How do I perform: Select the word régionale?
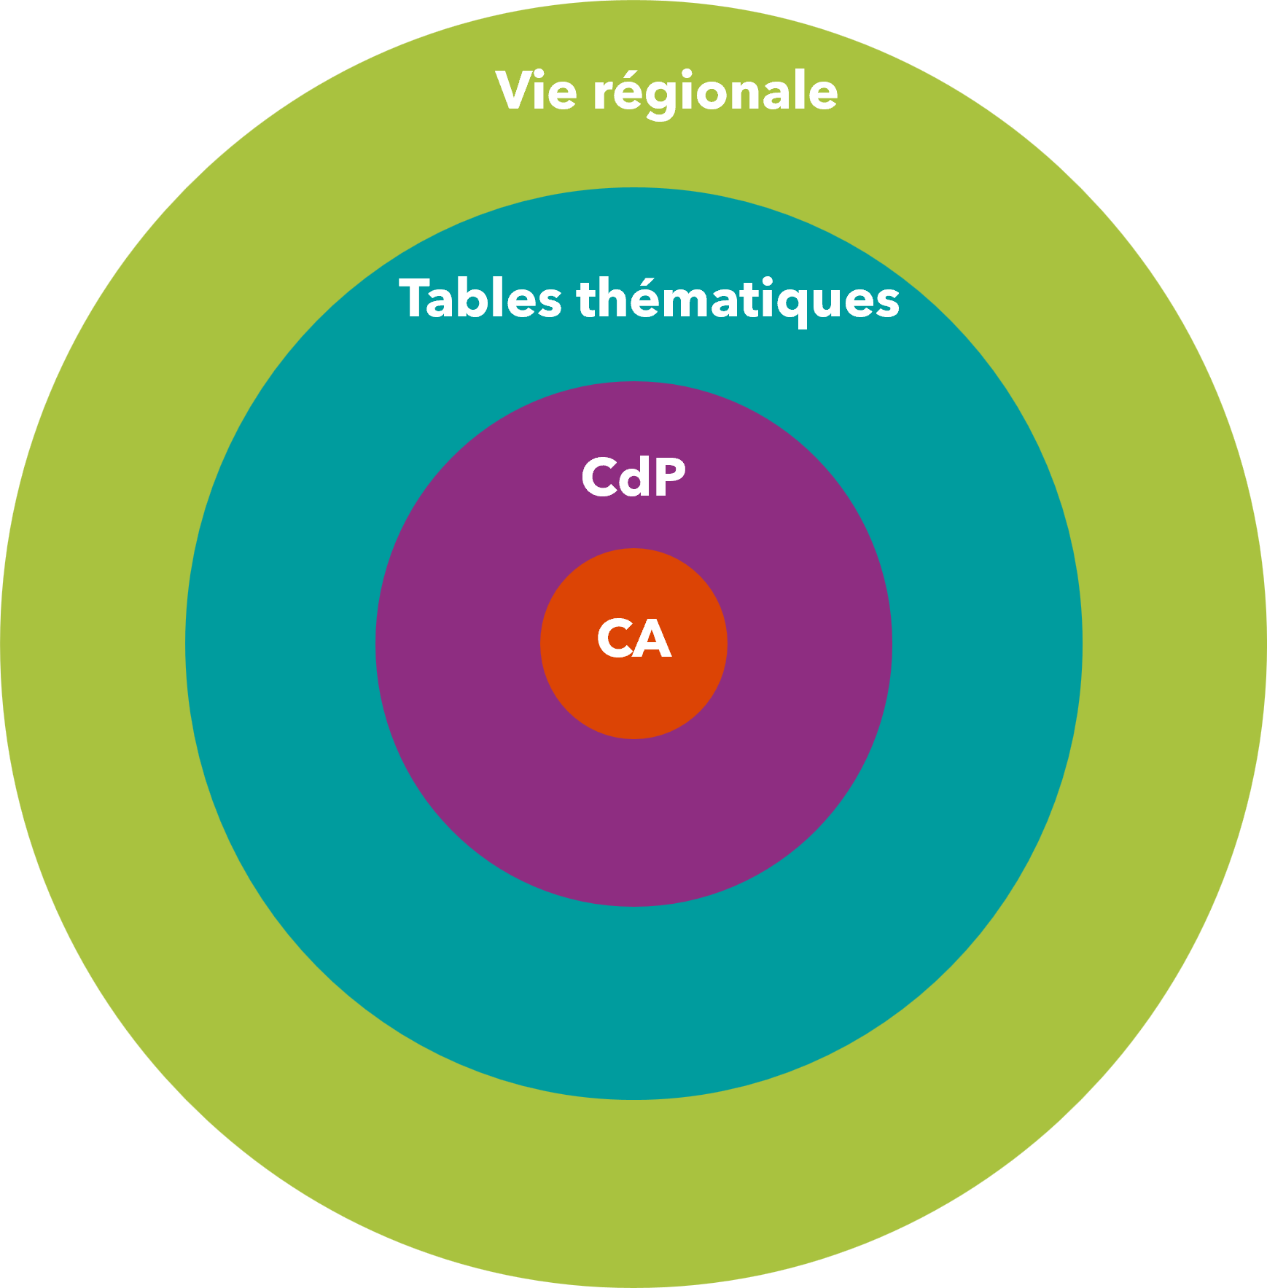(x=715, y=93)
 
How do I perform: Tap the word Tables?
(x=480, y=299)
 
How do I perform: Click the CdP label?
(x=633, y=478)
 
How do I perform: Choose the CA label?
(x=633, y=639)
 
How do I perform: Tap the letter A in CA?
(x=652, y=639)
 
